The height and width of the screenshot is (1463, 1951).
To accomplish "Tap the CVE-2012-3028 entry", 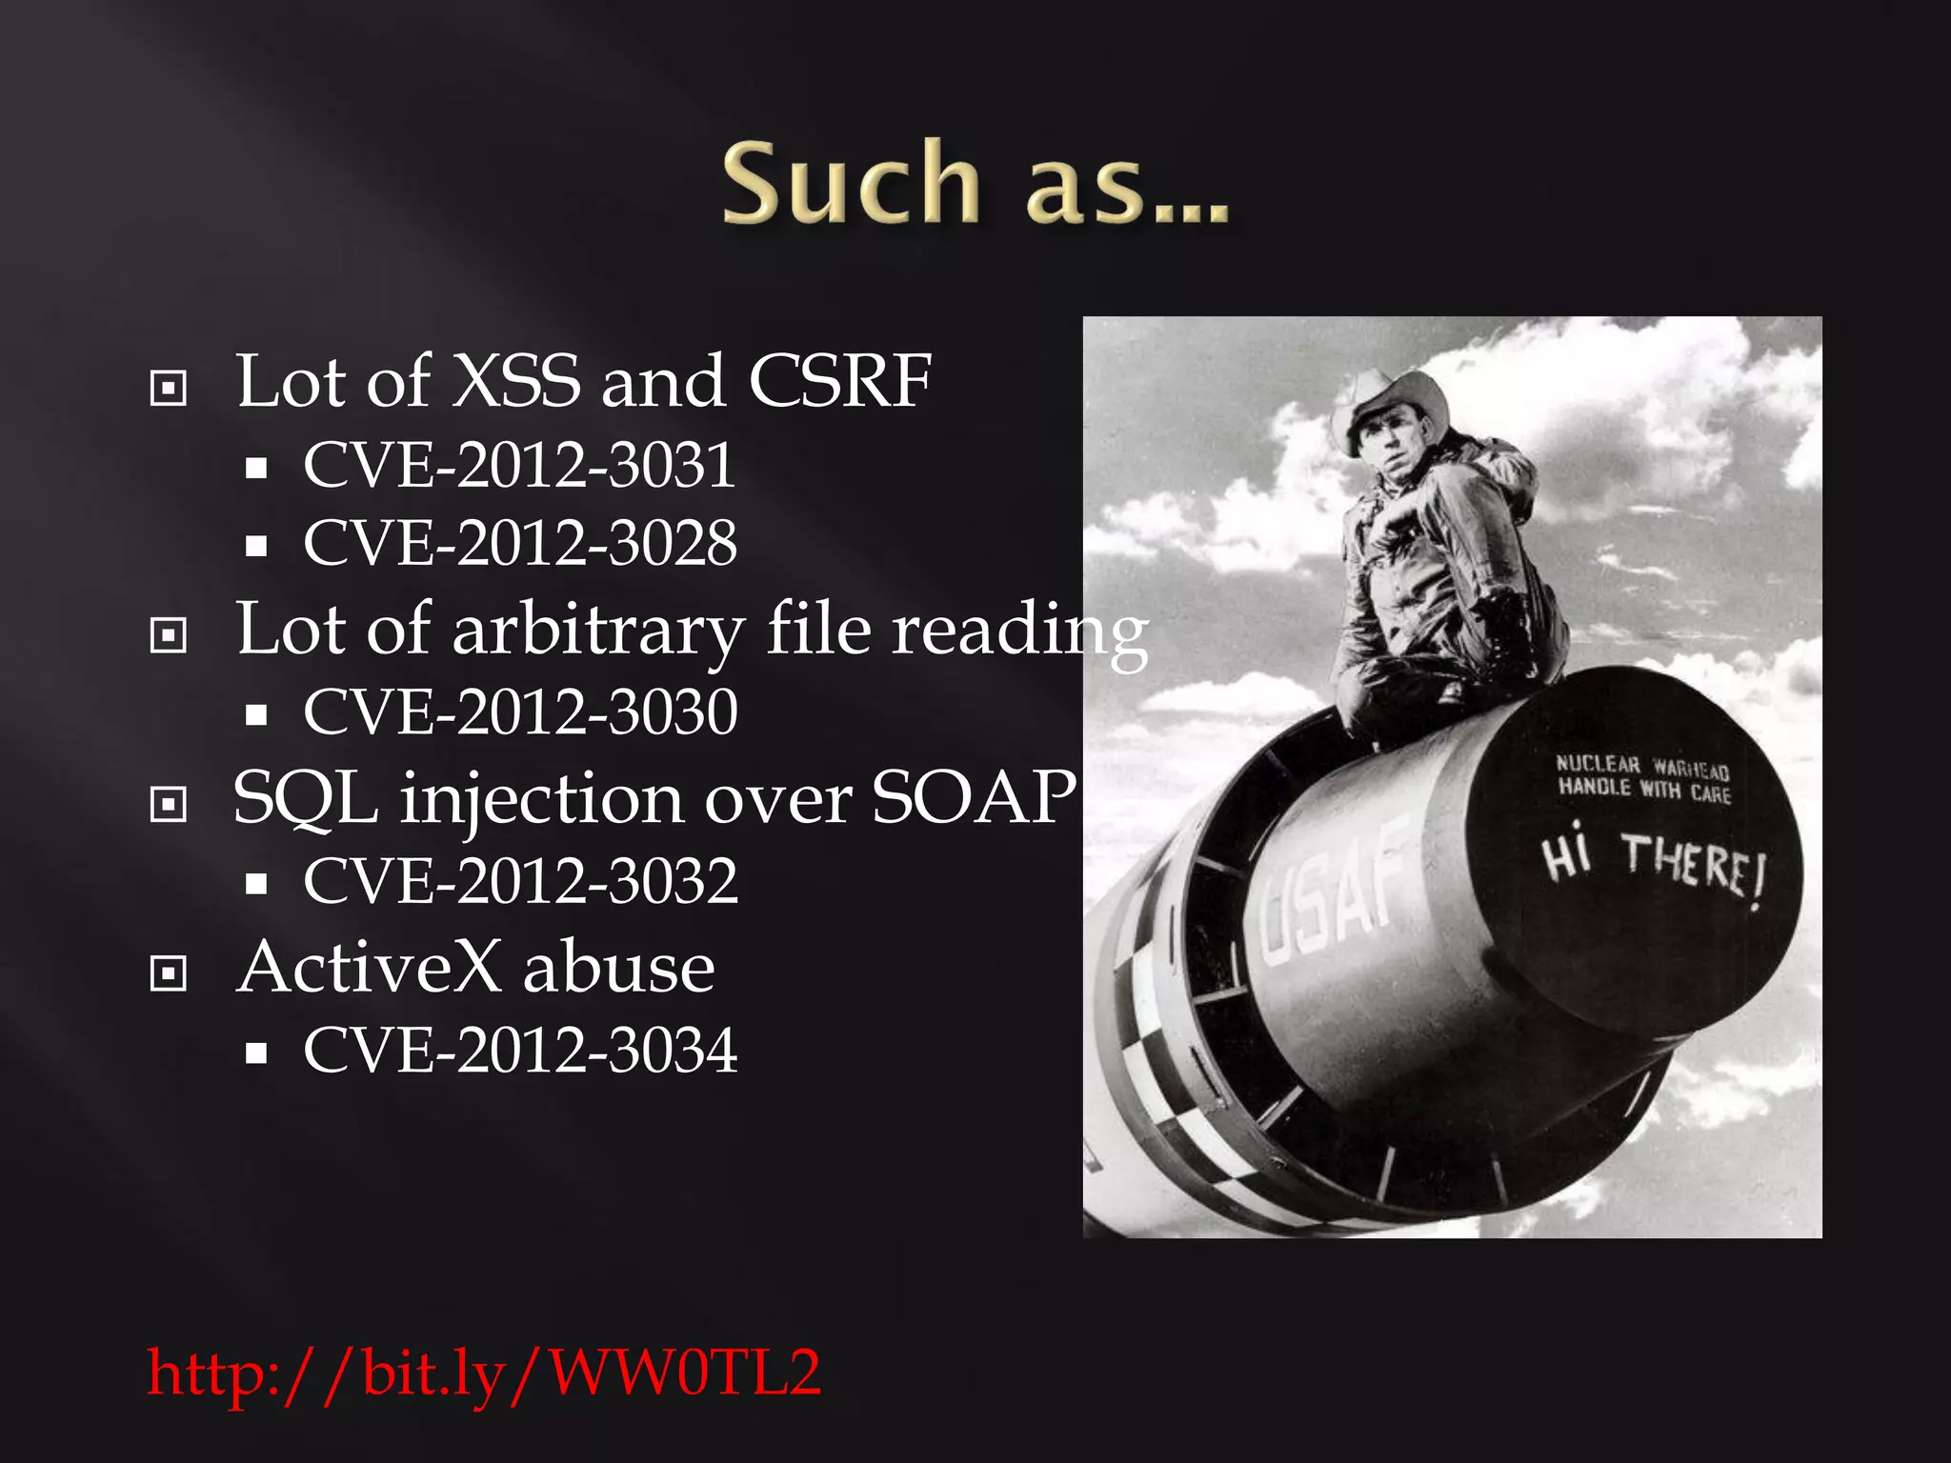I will [519, 543].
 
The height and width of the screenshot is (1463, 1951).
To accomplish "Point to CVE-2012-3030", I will [519, 711].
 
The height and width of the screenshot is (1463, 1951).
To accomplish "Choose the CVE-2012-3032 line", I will [519, 881].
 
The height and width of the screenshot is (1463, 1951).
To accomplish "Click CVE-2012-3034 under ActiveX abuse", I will [519, 1051].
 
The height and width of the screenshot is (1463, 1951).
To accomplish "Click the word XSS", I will [515, 381].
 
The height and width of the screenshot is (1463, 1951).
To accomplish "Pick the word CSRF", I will [839, 381].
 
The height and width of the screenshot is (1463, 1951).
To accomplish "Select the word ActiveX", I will [369, 967].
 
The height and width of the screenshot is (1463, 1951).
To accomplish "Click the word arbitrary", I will [597, 630].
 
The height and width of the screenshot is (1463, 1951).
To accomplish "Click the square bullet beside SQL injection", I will [169, 805].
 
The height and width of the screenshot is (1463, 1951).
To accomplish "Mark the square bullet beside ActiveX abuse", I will [169, 973].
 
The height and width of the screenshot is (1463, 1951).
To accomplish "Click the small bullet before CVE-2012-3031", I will [255, 469].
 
